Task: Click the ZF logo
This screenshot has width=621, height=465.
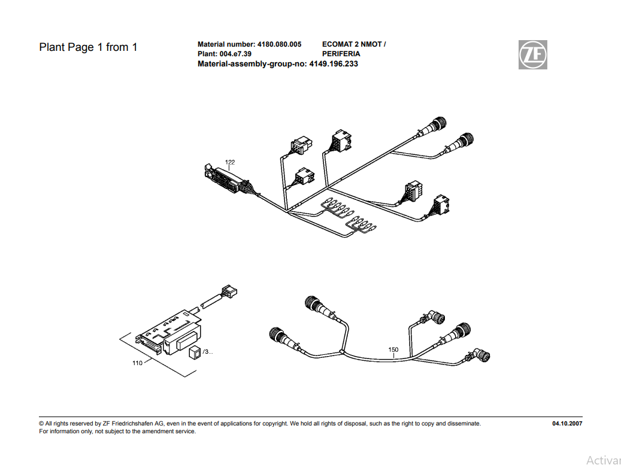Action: click(532, 54)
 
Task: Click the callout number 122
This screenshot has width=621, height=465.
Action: click(230, 162)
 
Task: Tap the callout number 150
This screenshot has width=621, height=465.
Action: click(393, 349)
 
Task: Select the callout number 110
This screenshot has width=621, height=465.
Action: click(137, 363)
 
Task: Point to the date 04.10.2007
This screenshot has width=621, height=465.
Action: click(567, 424)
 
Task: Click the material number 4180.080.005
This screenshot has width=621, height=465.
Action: click(279, 44)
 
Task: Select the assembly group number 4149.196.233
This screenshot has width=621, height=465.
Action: click(334, 63)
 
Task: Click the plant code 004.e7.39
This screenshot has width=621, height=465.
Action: click(236, 54)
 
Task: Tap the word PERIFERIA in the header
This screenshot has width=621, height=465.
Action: click(341, 54)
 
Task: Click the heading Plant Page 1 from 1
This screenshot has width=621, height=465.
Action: click(88, 47)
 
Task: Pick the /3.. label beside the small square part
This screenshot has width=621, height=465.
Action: click(208, 352)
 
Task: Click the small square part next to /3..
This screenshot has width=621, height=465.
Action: click(194, 352)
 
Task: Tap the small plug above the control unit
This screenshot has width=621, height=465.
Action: click(228, 292)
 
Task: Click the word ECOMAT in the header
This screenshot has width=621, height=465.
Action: click(339, 44)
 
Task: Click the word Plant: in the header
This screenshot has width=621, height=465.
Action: click(207, 54)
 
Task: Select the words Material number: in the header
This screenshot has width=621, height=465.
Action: click(226, 44)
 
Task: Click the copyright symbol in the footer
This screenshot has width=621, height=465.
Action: click(41, 424)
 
